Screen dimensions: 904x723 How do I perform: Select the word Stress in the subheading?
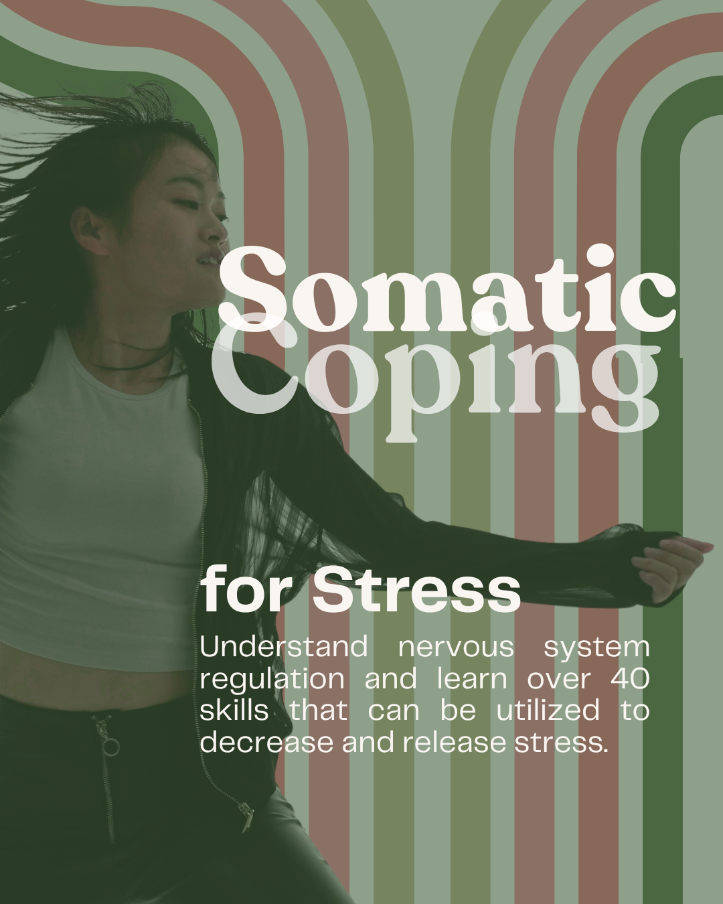point(416,590)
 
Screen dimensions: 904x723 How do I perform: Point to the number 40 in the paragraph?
point(630,679)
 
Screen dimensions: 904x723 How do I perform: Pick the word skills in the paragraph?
point(234,710)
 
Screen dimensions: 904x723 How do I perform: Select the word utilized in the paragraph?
point(548,710)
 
